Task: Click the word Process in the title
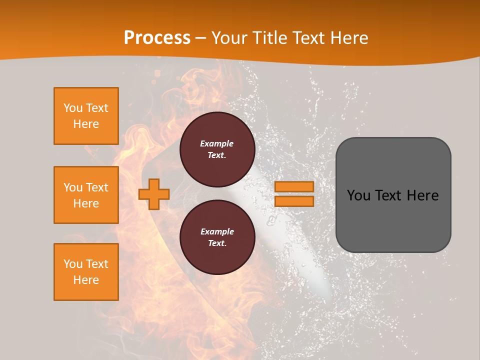coord(157,38)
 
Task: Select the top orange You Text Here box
coord(86,116)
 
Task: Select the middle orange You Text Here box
coord(86,195)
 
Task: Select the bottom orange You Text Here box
coord(86,272)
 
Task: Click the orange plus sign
coord(154,194)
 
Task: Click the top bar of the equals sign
coord(294,186)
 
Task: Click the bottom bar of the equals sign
coord(294,201)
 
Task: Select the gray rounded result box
coord(393,220)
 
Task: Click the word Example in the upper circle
coord(216,143)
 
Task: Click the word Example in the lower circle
coord(216,231)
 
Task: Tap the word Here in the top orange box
coord(86,124)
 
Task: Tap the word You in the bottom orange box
coord(72,264)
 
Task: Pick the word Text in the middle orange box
coord(96,187)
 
